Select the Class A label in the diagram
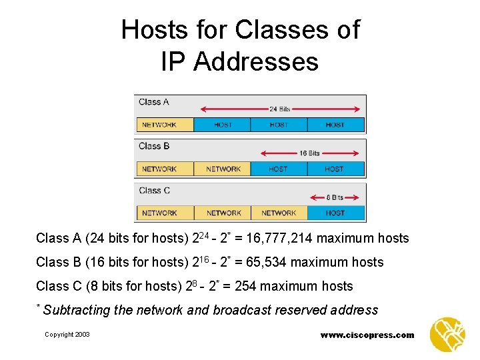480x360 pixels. pos(153,102)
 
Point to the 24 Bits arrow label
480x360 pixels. pos(279,109)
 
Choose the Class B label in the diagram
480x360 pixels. pos(154,146)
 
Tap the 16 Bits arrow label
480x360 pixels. pos(309,153)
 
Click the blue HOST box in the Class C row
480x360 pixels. pos(335,213)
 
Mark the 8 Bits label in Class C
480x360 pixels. pos(334,197)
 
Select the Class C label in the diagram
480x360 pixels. pos(154,190)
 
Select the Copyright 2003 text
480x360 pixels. pos(67,335)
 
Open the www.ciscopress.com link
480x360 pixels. pos(367,335)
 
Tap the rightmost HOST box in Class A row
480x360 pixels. pos(335,125)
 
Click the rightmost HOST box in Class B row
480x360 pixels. pos(335,169)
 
